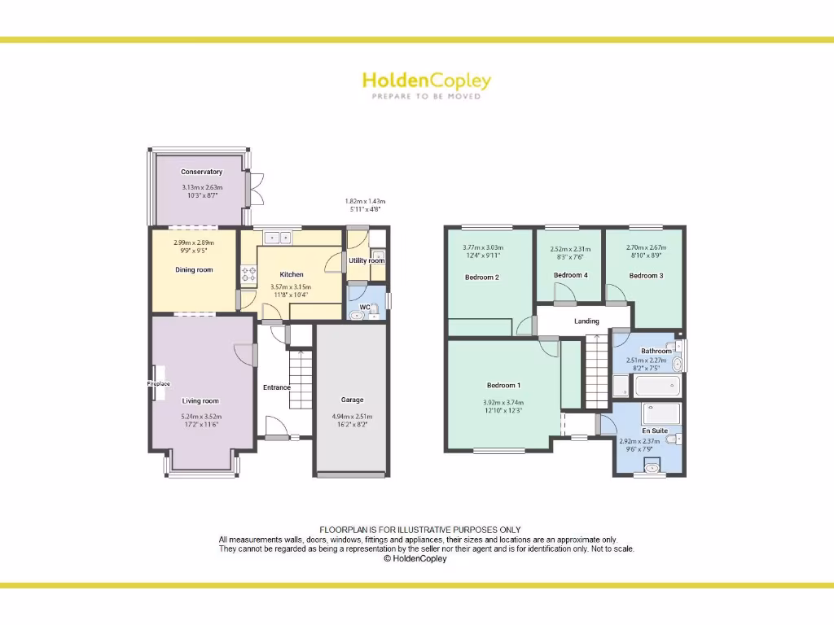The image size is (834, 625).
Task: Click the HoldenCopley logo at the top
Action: click(426, 81)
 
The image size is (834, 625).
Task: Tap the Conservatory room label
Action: click(201, 172)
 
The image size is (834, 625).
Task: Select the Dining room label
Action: click(194, 269)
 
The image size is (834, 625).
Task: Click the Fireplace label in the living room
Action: click(159, 383)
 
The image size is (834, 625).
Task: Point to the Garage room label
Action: click(352, 400)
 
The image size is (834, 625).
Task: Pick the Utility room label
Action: click(367, 261)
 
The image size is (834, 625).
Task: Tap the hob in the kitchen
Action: click(248, 275)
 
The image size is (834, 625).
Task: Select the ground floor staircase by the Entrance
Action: click(301, 378)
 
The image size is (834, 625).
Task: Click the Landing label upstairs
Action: click(586, 321)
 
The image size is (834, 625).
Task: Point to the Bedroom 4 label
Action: click(570, 275)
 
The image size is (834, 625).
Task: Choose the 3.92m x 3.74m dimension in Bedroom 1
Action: click(503, 402)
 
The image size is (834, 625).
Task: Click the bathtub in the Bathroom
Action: click(656, 386)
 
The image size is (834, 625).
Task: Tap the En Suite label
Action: click(655, 431)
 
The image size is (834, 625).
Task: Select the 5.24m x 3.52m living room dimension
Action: click(200, 417)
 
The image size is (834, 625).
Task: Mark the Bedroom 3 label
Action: click(646, 276)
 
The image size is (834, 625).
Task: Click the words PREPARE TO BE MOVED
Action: click(426, 97)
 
